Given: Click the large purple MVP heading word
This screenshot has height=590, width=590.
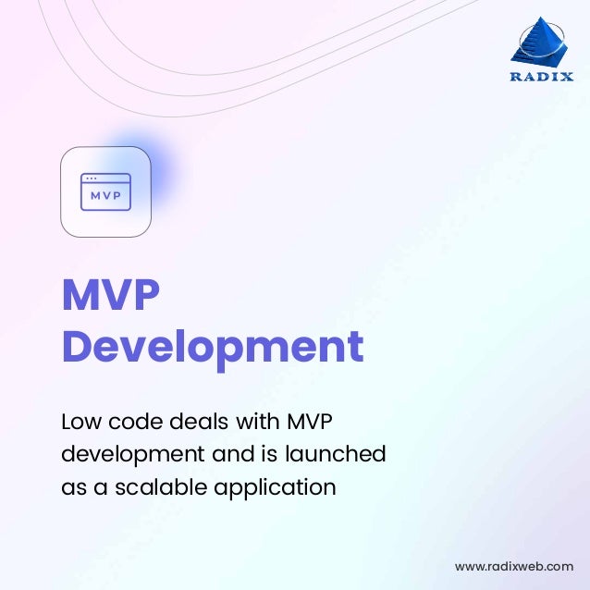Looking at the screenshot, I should (110, 296).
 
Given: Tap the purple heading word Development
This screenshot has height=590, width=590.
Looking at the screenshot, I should (212, 348).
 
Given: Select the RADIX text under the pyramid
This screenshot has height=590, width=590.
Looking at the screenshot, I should (542, 77).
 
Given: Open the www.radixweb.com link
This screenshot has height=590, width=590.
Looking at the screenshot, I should (514, 566).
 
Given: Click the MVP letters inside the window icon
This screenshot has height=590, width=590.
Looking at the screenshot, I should (105, 195).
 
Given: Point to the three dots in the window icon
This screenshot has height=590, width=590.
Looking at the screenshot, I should (91, 179).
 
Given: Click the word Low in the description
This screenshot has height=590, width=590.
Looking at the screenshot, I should (80, 422).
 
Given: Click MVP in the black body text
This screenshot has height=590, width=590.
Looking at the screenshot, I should (310, 422).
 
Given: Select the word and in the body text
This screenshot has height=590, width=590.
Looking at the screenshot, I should (218, 454).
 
